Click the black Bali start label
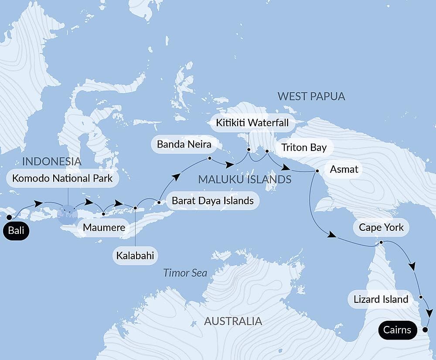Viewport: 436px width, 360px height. coord(16,231)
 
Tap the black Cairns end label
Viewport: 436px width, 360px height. coord(397,329)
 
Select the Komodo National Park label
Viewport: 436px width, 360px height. coord(62,178)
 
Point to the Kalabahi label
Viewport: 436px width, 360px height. coord(135,256)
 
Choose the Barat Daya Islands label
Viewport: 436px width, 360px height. coord(212,201)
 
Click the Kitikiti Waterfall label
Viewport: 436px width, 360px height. coord(252,123)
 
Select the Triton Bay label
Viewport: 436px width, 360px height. coord(304,147)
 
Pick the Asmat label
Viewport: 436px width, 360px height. coord(344,169)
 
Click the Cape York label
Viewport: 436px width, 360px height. coord(381,227)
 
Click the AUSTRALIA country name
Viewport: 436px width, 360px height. coord(233,322)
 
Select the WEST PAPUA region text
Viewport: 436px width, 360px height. coord(311,96)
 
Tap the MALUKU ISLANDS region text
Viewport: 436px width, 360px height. coord(245,179)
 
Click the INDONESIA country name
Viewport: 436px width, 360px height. coord(51,161)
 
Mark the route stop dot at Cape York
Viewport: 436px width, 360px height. coord(381,242)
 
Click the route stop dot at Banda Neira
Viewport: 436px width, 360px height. coord(210,158)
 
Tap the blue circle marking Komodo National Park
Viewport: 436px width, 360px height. coord(68,214)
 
